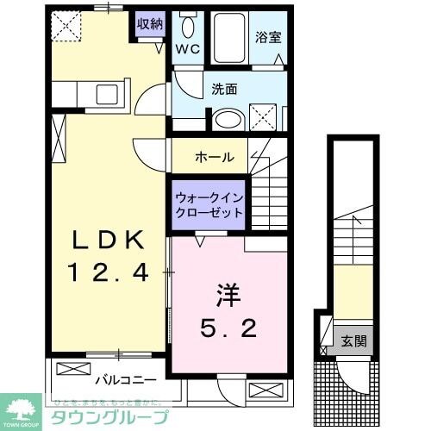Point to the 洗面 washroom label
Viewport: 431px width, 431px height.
coord(225,88)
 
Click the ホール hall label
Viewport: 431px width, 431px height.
coord(215,157)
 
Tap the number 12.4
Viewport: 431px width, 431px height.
coord(107,273)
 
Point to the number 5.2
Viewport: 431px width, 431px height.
coord(228,328)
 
